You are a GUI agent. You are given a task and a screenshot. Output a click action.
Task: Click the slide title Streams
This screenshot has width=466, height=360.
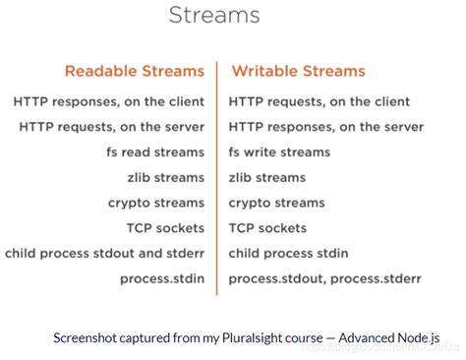point(213,16)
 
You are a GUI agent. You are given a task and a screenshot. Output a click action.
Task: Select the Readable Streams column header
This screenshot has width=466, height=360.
point(135,71)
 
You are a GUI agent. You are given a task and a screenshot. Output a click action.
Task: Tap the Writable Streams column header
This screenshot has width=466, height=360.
point(298,71)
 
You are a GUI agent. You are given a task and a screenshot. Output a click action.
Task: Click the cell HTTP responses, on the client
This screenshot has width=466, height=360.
point(109,100)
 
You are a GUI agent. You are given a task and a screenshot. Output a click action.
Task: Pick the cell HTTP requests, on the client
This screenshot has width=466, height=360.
point(319,100)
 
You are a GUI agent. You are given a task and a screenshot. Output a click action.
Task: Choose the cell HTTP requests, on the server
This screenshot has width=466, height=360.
point(112,126)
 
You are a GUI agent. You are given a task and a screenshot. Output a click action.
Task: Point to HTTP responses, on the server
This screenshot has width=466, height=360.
point(325,126)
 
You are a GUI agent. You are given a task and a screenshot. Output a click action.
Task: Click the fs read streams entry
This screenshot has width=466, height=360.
point(155,151)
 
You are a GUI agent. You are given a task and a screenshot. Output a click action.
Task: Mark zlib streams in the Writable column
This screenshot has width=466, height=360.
point(267,177)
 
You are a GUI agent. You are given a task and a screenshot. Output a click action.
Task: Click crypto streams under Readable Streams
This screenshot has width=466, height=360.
point(156,203)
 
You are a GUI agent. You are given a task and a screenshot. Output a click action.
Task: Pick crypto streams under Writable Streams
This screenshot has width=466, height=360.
point(277,203)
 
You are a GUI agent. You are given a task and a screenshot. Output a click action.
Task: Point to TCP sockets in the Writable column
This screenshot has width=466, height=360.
point(268,227)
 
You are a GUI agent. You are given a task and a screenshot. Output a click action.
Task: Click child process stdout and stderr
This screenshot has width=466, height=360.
point(103,253)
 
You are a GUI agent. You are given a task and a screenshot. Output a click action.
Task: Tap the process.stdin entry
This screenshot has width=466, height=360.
point(162,278)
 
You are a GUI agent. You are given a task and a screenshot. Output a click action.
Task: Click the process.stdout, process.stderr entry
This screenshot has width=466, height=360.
point(324,278)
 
